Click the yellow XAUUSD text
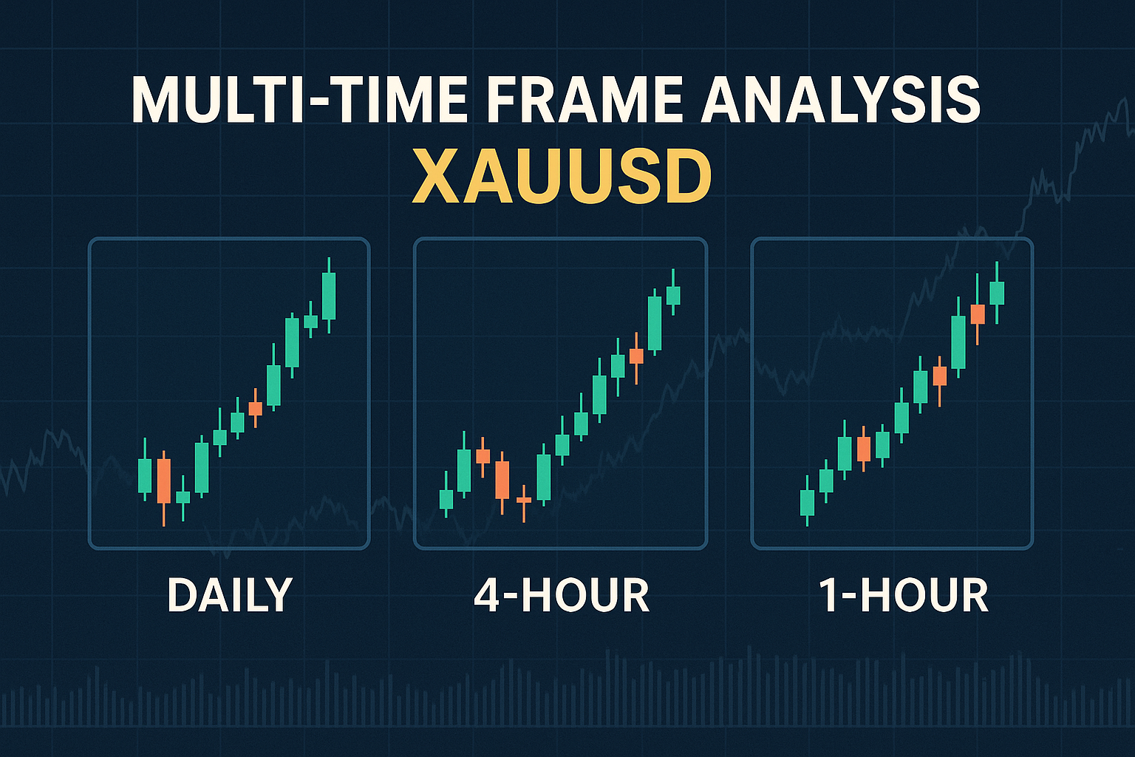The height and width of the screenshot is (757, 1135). pos(562,178)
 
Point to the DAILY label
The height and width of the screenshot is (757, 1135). pos(230,595)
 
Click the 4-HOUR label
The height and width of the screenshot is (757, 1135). pos(561,595)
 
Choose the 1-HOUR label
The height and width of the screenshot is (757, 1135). pos(904,595)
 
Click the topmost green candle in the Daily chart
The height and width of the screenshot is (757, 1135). pos(329,295)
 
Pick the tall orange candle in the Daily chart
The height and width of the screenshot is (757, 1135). pos(163,481)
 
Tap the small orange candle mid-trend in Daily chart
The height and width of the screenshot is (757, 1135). pos(256,408)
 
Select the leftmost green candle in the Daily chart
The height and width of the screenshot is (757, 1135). pos(145,475)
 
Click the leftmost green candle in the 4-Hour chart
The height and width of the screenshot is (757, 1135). pos(446,500)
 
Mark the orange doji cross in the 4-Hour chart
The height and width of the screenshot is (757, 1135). pos(524,500)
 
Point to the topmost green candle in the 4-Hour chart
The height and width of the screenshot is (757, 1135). pos(672,295)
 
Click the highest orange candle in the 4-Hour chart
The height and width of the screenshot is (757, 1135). pos(636,356)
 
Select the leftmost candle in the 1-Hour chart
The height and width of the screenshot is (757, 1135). pos(807,503)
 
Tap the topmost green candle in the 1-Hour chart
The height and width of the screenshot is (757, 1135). pos(997,293)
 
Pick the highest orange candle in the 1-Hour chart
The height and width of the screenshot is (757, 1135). pos(978,314)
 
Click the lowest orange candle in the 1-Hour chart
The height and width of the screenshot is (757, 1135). pos(863,449)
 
